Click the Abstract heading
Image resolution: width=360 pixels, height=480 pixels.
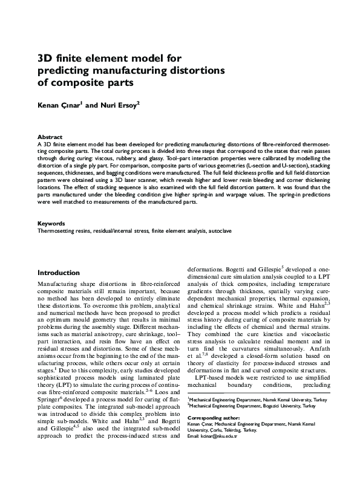coord(50,137)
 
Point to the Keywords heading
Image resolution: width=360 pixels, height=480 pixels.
coord(51,224)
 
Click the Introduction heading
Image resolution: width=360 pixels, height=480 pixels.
coord(59,273)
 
